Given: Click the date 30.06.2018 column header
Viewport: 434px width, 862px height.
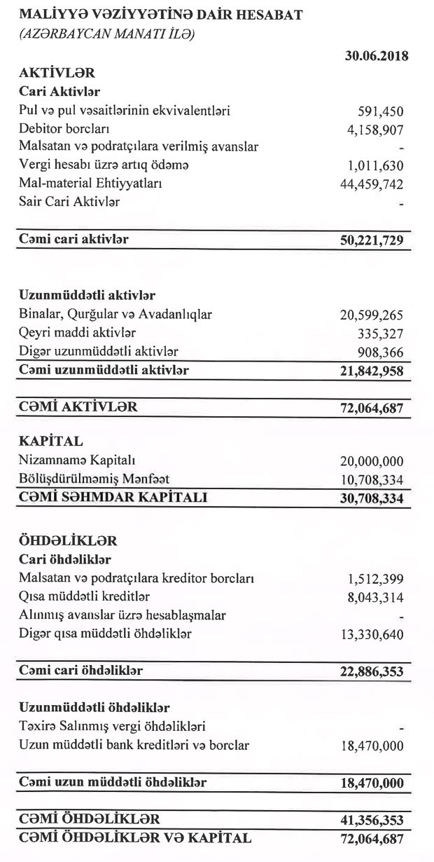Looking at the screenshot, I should point(377,57).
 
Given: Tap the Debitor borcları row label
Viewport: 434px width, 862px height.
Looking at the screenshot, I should point(64,129).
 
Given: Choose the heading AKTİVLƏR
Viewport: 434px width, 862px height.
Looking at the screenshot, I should point(57,73).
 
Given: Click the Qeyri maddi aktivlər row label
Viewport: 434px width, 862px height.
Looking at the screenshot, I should point(78,332).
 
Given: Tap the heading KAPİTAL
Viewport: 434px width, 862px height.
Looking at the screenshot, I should point(51,442).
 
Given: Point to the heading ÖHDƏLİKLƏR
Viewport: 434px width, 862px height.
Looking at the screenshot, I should point(68,541).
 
